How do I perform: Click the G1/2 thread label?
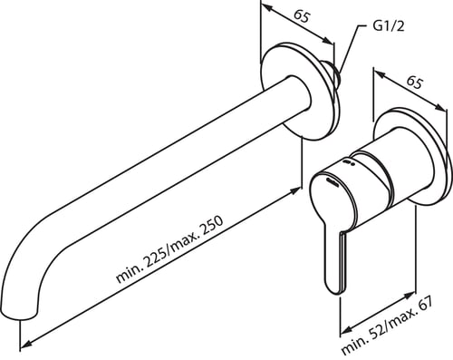(389, 26)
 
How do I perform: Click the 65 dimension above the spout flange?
(302, 16)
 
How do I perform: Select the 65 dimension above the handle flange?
(414, 82)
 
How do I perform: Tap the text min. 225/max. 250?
(169, 249)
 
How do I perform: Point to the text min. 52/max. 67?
(388, 326)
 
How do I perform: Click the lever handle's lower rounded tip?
(336, 287)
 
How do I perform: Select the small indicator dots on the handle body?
(348, 163)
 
